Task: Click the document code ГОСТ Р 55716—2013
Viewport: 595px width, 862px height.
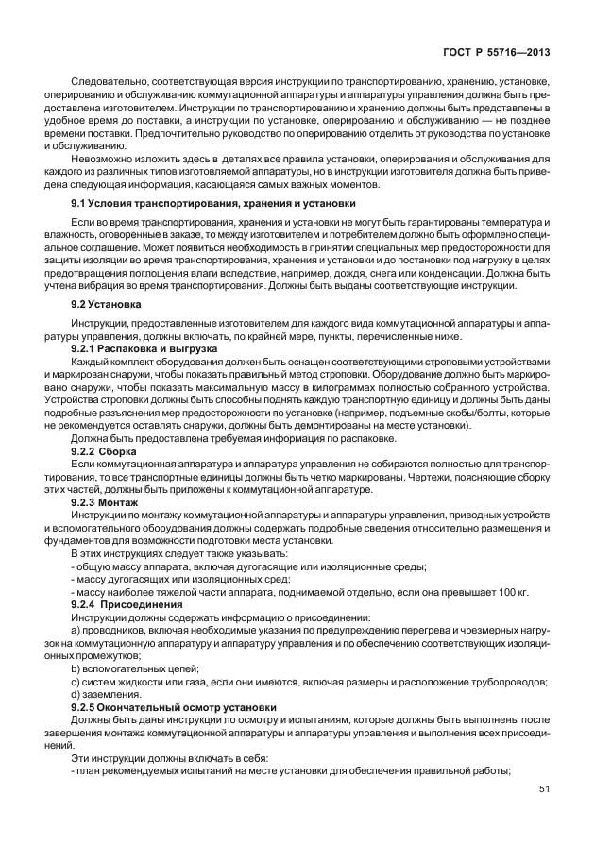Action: (499, 56)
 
